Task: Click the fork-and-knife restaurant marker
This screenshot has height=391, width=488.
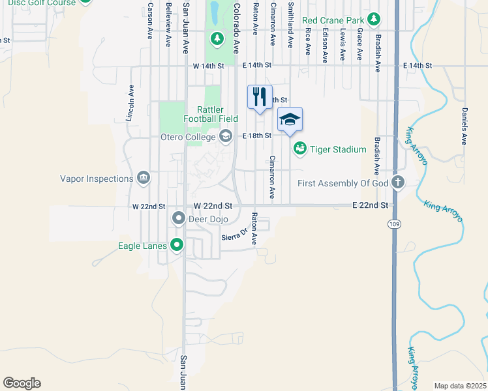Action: [260, 97]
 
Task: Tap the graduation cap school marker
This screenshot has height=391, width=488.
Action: [290, 120]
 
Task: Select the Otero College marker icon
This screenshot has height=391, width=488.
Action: [226, 136]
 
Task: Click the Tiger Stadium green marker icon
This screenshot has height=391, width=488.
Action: [299, 149]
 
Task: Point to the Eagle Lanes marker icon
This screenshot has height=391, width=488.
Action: [176, 245]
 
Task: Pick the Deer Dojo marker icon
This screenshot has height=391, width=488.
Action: [177, 219]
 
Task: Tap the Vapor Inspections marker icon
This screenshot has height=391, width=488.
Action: [144, 178]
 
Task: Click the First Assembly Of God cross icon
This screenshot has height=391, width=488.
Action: [397, 183]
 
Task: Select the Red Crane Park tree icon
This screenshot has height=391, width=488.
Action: [373, 19]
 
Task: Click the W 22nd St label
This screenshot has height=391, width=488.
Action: [148, 206]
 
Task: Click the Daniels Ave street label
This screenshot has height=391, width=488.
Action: [464, 126]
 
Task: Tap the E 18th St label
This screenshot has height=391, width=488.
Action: [256, 136]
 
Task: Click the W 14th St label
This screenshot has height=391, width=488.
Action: [208, 66]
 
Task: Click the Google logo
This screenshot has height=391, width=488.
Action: [22, 383]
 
